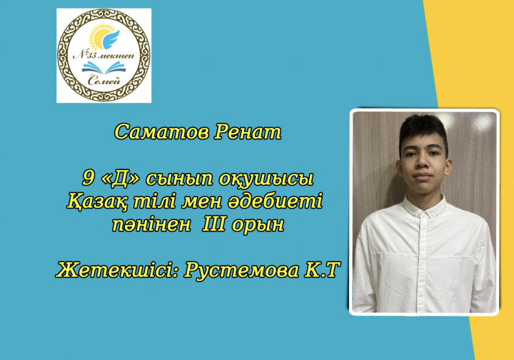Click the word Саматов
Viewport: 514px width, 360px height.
click(x=161, y=132)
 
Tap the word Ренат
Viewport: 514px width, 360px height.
click(x=248, y=132)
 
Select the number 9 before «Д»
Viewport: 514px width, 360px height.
click(x=88, y=178)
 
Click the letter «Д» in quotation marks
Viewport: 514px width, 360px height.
click(x=121, y=179)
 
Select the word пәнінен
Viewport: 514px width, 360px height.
click(x=151, y=224)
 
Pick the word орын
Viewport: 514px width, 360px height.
click(x=258, y=225)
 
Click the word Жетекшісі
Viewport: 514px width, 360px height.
click(x=117, y=270)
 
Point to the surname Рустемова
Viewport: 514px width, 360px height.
click(x=241, y=271)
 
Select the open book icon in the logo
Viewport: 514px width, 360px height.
click(x=104, y=68)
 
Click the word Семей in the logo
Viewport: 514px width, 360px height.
click(x=104, y=80)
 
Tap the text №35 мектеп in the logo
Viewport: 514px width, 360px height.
click(x=104, y=56)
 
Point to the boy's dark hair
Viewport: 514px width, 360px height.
click(x=423, y=129)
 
